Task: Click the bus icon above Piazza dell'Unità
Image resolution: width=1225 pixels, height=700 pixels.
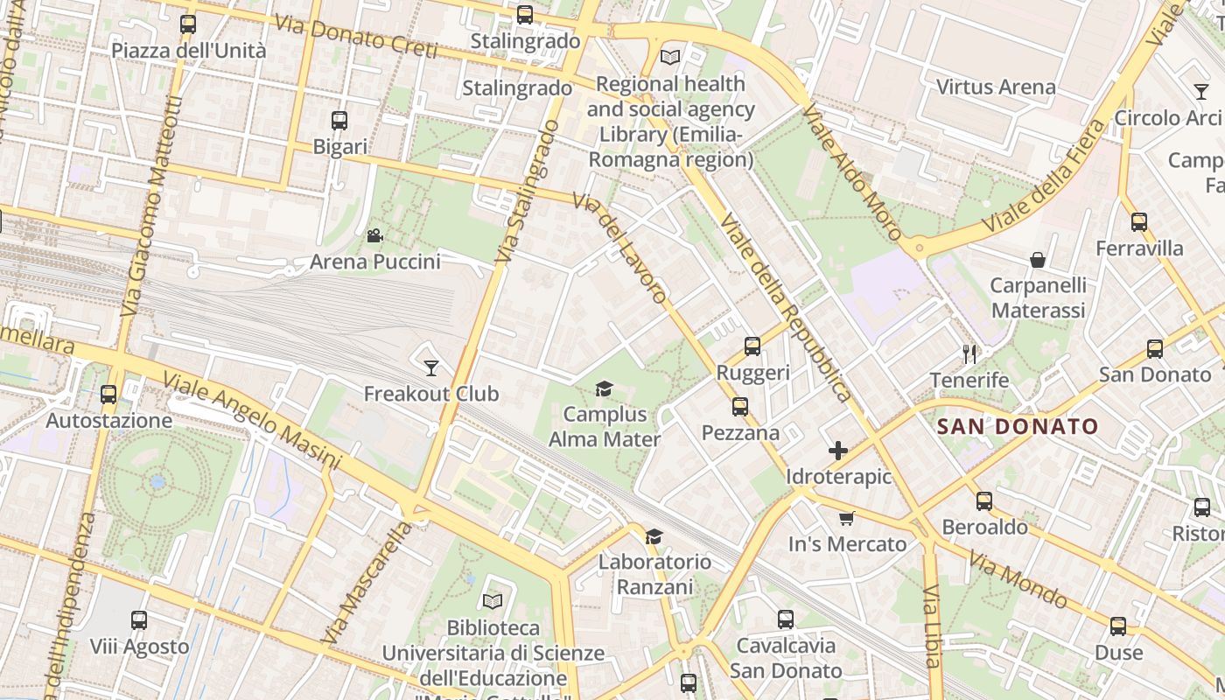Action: click(188, 24)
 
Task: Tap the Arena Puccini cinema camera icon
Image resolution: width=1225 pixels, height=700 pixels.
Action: click(374, 235)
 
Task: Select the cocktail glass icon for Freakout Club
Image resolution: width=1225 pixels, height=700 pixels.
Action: click(430, 367)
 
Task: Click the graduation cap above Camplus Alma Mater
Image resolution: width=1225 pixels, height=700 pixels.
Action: click(604, 388)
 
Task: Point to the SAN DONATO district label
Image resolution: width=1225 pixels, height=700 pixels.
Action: click(1017, 427)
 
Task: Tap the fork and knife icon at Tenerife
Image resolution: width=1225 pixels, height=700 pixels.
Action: click(969, 353)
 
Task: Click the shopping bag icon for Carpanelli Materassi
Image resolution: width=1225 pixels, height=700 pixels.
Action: click(1038, 260)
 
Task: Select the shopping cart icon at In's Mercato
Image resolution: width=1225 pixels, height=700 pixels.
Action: click(846, 518)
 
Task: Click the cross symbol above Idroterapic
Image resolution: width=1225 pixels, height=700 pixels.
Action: click(837, 451)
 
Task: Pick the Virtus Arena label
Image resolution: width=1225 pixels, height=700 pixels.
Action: click(996, 87)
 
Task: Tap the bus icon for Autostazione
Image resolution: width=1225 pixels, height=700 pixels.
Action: click(108, 395)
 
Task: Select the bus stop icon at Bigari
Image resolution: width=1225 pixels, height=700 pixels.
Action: click(339, 121)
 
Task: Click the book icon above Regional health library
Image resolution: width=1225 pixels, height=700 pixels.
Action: click(670, 58)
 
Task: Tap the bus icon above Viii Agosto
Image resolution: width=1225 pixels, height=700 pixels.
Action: click(139, 620)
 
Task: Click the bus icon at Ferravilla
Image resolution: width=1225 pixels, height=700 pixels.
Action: click(1138, 222)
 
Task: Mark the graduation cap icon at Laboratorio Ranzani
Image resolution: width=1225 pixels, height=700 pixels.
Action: click(654, 535)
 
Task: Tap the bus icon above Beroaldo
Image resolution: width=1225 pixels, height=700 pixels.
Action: click(984, 501)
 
